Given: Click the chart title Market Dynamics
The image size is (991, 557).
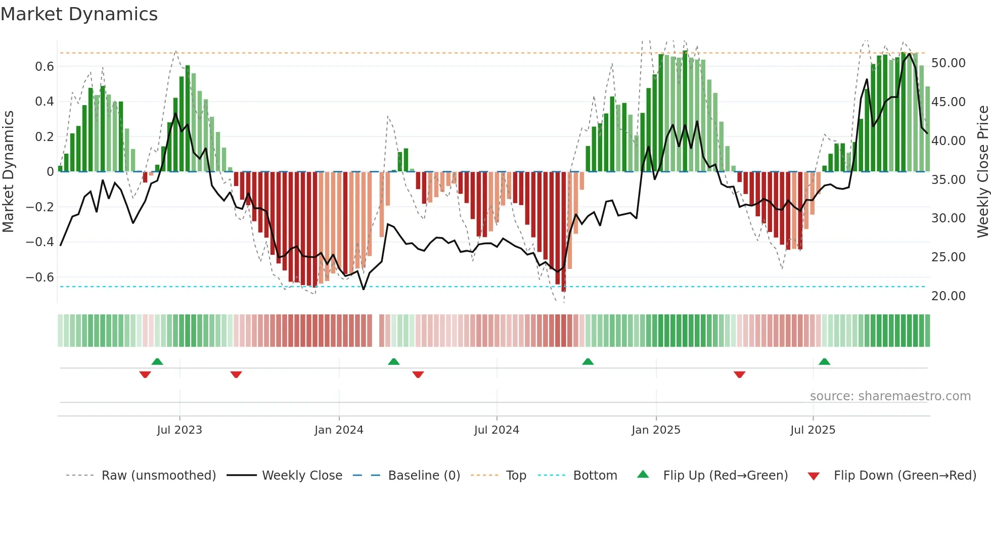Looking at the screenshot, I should pyautogui.click(x=79, y=14).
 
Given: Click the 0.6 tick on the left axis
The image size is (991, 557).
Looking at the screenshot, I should pyautogui.click(x=44, y=67).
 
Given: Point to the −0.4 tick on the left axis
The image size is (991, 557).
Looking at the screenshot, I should pyautogui.click(x=40, y=242).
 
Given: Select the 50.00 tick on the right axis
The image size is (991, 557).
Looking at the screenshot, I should pyautogui.click(x=948, y=63).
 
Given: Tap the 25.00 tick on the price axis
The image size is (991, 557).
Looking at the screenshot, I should pyautogui.click(x=948, y=257).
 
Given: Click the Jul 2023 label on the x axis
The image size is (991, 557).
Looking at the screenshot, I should pyautogui.click(x=179, y=430).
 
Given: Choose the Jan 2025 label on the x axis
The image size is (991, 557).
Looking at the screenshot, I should pyautogui.click(x=656, y=430).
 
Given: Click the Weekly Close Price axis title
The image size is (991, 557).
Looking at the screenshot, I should pyautogui.click(x=982, y=172).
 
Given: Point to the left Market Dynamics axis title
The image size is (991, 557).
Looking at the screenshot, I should pyautogui.click(x=8, y=172).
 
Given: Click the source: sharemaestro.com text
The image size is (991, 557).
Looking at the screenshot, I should pyautogui.click(x=890, y=396).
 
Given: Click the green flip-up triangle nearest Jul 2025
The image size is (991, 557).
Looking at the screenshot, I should pyautogui.click(x=824, y=361).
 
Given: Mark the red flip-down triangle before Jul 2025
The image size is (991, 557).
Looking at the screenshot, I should pyautogui.click(x=739, y=375).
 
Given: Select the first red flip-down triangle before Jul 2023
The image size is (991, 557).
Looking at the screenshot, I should pyautogui.click(x=145, y=375).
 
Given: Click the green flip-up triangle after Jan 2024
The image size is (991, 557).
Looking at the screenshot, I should pyautogui.click(x=394, y=361).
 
